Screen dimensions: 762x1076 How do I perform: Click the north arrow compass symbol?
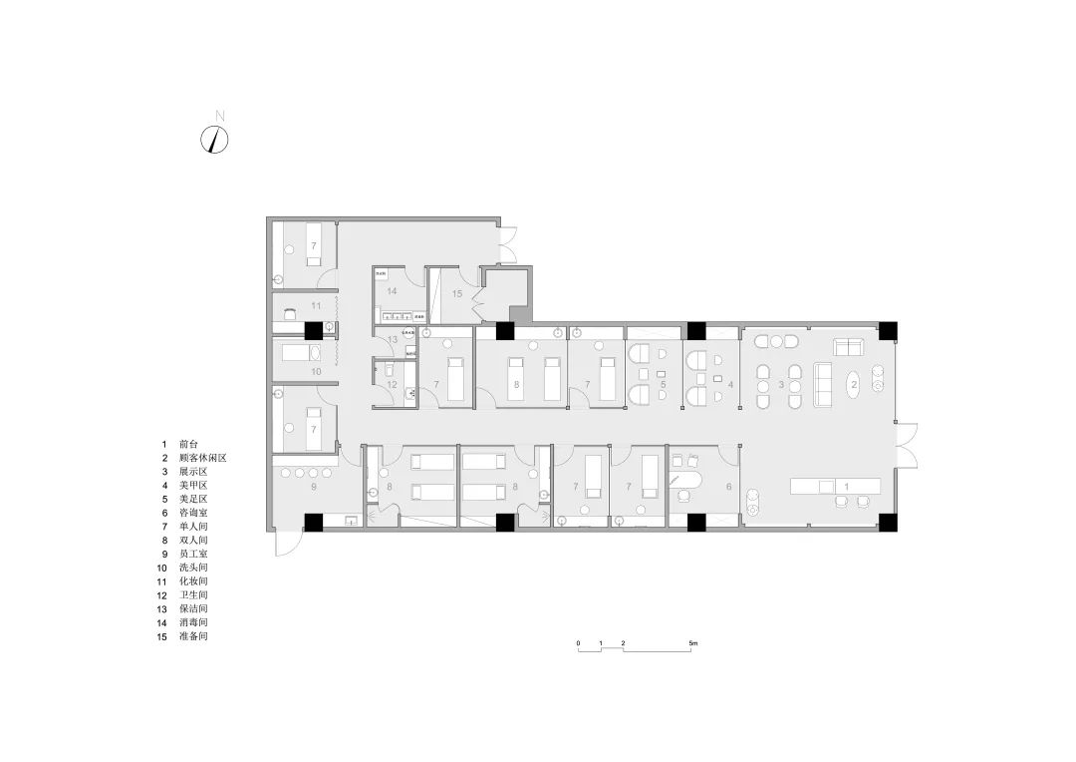[215, 140]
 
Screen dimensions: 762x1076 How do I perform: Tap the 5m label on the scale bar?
[693, 643]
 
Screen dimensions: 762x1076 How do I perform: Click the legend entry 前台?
[189, 443]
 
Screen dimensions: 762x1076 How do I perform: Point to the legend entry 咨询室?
[193, 512]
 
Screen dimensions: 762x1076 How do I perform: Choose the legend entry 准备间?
[193, 635]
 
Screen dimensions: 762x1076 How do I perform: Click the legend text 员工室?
[193, 553]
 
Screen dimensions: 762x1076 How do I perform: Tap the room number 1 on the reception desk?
[846, 486]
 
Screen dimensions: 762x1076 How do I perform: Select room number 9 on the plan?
[313, 487]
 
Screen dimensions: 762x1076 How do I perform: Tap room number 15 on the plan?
[457, 293]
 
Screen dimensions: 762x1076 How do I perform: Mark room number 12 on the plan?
[393, 384]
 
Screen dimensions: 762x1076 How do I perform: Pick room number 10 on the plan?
[316, 371]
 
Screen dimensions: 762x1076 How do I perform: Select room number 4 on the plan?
[730, 383]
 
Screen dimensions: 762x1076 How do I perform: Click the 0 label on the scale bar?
[578, 643]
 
